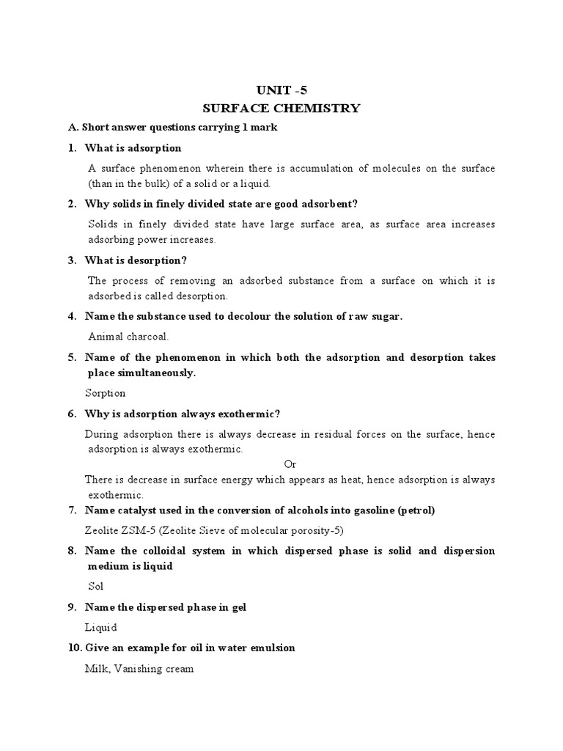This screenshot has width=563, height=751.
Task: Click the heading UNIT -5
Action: (281, 90)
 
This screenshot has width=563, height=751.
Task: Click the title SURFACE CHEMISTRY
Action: (281, 109)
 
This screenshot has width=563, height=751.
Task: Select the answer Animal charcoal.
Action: (128, 337)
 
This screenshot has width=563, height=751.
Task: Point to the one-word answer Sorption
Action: (106, 393)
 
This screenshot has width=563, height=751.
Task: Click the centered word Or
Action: (290, 464)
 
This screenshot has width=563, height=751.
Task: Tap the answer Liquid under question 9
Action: (101, 627)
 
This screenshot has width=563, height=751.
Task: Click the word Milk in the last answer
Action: (96, 669)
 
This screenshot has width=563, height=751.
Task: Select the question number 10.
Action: (74, 648)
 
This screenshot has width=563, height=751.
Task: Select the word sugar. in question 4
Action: (386, 316)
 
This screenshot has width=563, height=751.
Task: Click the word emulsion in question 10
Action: (272, 648)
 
